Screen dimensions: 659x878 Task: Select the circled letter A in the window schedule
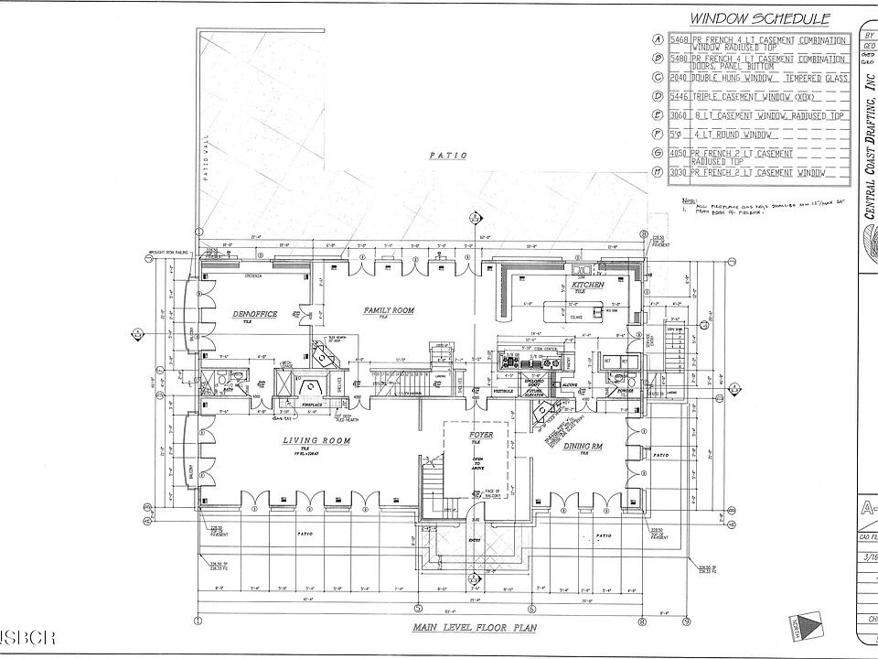[x=658, y=39]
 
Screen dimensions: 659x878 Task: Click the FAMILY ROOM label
[x=389, y=310]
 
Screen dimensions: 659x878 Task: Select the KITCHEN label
[x=588, y=286]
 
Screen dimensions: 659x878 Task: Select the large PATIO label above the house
[x=448, y=156]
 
